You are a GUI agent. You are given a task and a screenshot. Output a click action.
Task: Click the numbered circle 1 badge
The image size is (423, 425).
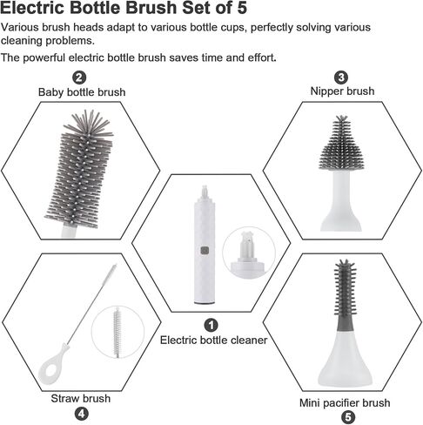pyautogui.click(x=211, y=325)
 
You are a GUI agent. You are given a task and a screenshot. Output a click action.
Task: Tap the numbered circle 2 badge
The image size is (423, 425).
pyautogui.click(x=79, y=78)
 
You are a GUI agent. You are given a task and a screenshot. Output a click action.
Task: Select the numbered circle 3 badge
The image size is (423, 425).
pyautogui.click(x=341, y=78)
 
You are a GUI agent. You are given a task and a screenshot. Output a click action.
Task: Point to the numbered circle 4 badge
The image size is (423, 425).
pyautogui.click(x=82, y=414)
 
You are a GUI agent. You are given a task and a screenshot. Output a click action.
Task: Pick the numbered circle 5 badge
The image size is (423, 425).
pyautogui.click(x=348, y=417)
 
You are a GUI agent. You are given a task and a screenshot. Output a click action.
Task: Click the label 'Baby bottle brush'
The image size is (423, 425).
pyautogui.click(x=82, y=92)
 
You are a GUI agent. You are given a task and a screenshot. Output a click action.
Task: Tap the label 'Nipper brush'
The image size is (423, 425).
pyautogui.click(x=342, y=91)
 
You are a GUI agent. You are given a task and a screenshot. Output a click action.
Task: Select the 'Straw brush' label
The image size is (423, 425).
pyautogui.click(x=81, y=398)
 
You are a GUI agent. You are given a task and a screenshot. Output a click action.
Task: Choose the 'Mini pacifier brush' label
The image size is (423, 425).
pyautogui.click(x=345, y=403)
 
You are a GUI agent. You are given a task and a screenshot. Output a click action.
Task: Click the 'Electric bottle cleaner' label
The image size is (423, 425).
pyautogui.click(x=213, y=340)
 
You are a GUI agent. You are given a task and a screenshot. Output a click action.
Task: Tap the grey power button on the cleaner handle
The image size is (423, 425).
pyautogui.click(x=205, y=251)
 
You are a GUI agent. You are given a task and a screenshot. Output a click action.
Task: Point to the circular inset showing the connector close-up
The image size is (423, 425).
pyautogui.click(x=249, y=253)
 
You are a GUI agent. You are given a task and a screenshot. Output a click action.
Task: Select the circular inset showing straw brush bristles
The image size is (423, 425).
pyautogui.click(x=117, y=332)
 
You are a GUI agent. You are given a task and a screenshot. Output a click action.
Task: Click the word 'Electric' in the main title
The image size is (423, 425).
pyautogui.click(x=32, y=8)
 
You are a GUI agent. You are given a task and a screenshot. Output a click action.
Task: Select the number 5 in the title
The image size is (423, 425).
pyautogui.click(x=242, y=8)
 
